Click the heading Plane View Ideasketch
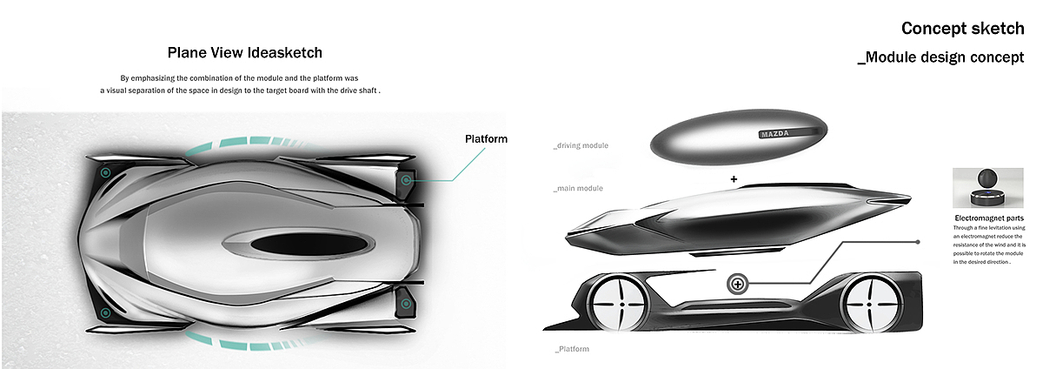(250, 52)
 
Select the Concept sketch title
(962, 29)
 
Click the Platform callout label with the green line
(486, 139)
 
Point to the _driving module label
(580, 145)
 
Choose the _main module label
(577, 188)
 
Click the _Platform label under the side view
(571, 349)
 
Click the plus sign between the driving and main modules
(734, 179)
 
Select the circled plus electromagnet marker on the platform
(737, 284)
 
